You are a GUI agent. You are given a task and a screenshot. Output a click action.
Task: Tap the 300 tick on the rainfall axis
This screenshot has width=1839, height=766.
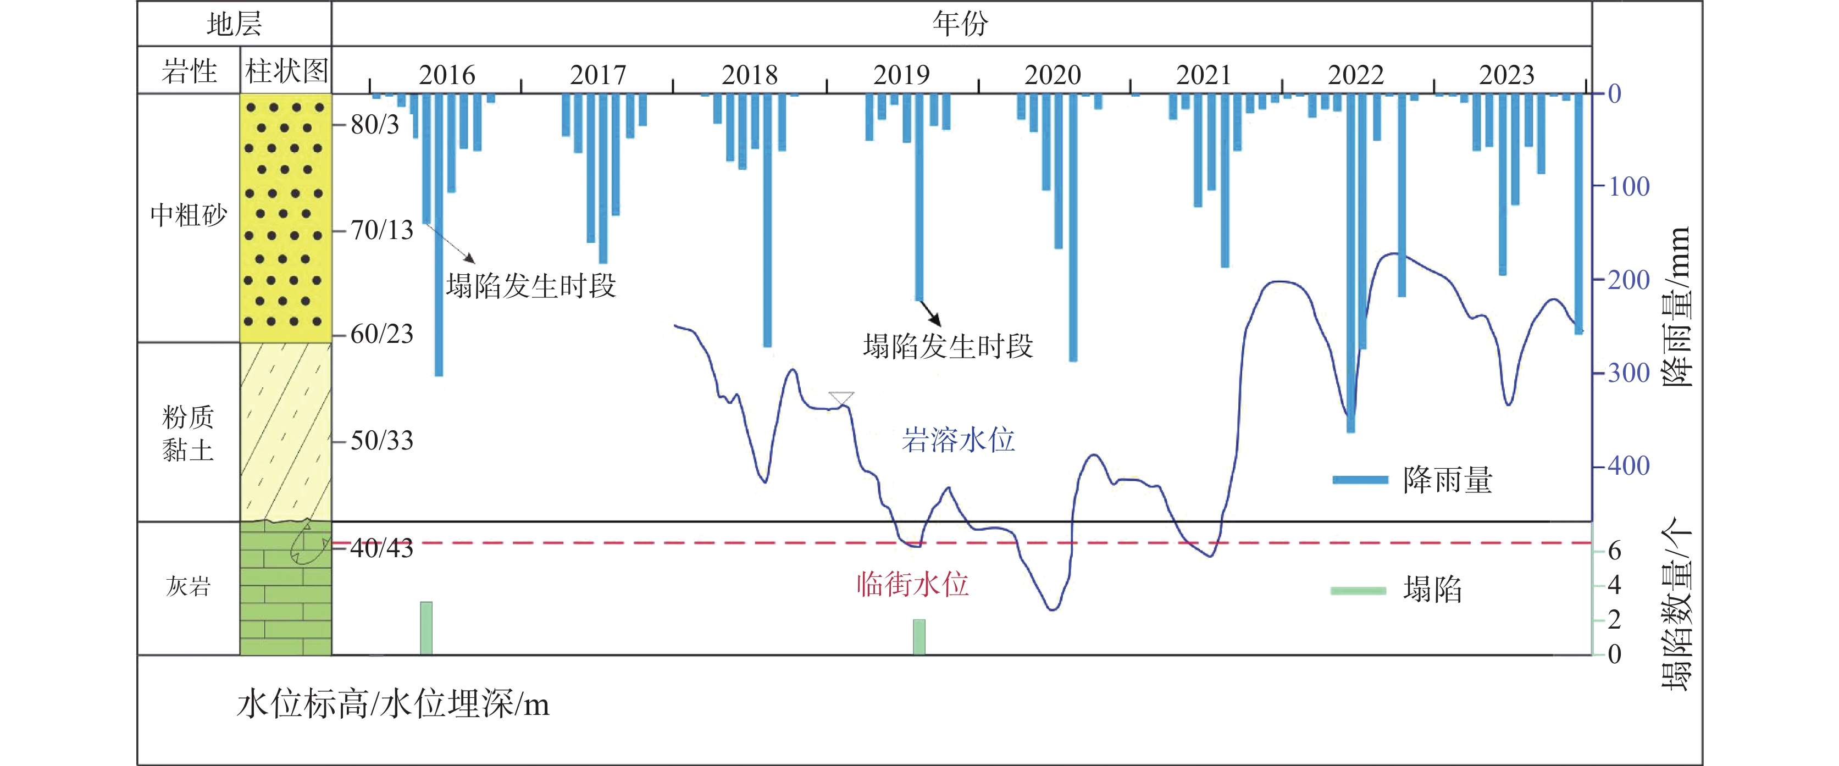point(1628,373)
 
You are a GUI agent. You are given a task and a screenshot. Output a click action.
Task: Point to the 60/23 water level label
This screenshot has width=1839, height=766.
point(382,334)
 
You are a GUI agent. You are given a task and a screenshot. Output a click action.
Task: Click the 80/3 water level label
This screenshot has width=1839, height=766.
point(375,124)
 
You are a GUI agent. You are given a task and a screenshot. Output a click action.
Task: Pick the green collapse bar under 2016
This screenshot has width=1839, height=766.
point(426,628)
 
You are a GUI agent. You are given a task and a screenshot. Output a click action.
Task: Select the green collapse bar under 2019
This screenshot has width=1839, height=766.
point(919,637)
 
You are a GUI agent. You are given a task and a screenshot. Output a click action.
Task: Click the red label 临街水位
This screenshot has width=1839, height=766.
point(912,584)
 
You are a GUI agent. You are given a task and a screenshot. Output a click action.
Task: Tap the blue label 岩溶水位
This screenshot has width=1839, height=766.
point(958,440)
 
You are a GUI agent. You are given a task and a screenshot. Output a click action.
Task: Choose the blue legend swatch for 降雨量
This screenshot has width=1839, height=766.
point(1360,480)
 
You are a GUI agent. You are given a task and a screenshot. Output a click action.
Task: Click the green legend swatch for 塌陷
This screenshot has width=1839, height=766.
point(1358,590)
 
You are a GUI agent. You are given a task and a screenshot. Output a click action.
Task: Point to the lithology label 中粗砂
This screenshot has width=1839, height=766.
point(189,214)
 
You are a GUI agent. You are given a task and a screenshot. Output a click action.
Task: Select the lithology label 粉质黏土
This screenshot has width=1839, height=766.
point(188,434)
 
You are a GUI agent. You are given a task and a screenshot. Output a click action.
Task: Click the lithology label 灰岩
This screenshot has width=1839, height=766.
point(189,586)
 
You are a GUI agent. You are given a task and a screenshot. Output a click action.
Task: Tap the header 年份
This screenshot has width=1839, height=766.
point(960,24)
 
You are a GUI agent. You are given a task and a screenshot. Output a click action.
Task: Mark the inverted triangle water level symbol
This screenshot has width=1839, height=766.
point(841,398)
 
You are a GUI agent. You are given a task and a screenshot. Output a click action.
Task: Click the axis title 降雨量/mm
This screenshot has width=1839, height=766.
point(1677,307)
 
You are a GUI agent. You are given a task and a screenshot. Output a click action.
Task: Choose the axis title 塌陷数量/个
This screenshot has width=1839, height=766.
point(1677,603)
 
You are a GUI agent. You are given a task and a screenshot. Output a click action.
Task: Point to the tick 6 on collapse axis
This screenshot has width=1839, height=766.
point(1614,551)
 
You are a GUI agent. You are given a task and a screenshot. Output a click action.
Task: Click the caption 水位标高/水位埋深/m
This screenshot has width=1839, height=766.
point(392,704)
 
